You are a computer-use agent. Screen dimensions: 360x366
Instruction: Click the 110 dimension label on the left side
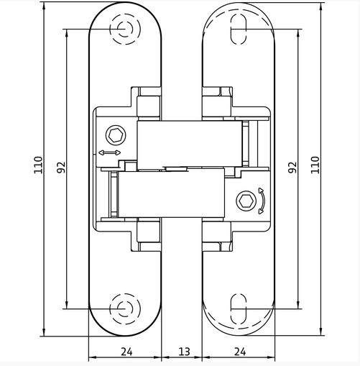38,165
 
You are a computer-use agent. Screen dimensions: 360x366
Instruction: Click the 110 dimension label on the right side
315,165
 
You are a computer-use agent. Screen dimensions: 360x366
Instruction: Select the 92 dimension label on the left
61,168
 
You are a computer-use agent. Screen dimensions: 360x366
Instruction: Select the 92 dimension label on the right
292,168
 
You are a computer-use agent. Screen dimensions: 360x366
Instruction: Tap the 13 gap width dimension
185,352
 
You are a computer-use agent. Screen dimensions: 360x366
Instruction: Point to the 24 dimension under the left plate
126,352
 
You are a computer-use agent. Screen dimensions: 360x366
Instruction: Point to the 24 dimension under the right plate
240,352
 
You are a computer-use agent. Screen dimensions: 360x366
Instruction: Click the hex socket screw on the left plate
116,135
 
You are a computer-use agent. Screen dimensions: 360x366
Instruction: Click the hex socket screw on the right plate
246,201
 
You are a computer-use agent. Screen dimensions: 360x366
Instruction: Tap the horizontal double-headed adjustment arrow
110,152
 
